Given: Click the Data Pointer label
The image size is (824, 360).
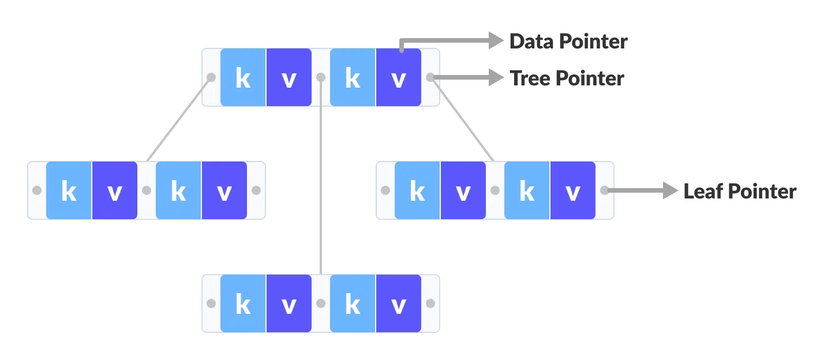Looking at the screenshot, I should pos(568,42).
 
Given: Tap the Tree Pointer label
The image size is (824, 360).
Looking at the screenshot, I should pos(567,78).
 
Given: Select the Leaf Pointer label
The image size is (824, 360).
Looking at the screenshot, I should pos(740,191).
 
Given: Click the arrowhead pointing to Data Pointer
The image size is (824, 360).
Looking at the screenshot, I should pos(496,40).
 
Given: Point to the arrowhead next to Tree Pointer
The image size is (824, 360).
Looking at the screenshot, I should pos(496,77).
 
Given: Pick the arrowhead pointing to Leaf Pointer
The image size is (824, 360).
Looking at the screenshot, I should pos(670,190).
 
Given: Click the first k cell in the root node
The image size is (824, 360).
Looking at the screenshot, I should pos(243,77).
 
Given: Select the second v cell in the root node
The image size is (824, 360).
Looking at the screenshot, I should pos(398,77).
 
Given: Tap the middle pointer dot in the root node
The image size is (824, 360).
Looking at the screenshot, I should pos(321,77).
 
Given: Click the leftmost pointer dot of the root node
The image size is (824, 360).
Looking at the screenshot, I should pos(211,77).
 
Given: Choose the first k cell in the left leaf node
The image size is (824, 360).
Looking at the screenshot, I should pos(69,190).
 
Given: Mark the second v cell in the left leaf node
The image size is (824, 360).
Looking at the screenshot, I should pos(224,190).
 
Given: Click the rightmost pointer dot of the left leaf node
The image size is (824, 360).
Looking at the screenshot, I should pos(256,190).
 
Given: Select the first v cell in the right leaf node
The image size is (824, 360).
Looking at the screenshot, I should pos(463,190).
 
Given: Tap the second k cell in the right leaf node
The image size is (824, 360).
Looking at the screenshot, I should pos(527,190).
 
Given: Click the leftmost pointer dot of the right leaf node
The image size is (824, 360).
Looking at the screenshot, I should pos(385,190).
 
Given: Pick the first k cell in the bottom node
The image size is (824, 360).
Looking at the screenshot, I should pos(243,303).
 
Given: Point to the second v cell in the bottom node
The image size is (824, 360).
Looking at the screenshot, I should pos(398,303).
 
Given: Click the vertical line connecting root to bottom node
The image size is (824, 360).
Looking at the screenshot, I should pos(321,185).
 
